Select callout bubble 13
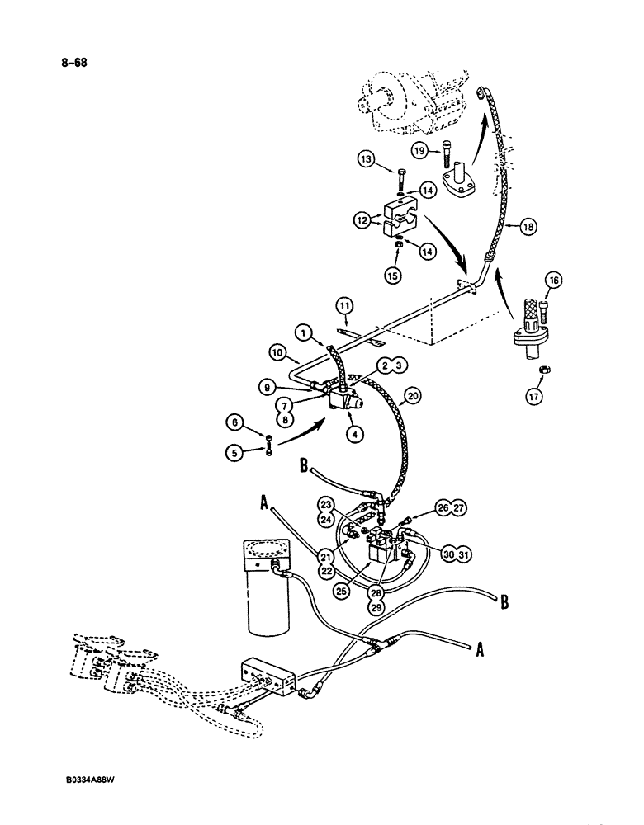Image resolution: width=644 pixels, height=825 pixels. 367,159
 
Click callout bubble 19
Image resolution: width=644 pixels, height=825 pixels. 419,150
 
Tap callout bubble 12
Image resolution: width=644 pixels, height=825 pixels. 364,221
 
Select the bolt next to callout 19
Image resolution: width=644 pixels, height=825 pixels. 447,152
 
